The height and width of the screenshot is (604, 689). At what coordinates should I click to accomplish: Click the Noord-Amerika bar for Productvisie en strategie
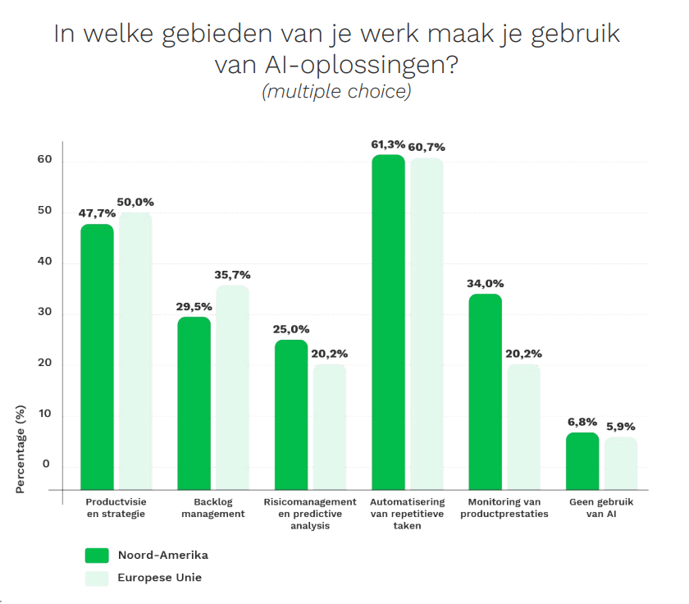[97, 357]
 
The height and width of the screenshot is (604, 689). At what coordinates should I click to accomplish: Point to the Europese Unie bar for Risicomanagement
[330, 427]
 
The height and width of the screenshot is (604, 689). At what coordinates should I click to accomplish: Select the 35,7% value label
[232, 275]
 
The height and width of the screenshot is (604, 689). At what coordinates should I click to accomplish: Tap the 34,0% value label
[485, 284]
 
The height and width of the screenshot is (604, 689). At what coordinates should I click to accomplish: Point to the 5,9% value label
[621, 427]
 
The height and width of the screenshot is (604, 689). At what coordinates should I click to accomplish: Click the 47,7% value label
[97, 213]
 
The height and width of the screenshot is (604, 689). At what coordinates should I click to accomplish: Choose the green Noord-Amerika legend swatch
[97, 556]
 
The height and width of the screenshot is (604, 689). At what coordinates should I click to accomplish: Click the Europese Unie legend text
[160, 578]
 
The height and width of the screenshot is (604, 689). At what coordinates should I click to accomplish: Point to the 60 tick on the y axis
[44, 160]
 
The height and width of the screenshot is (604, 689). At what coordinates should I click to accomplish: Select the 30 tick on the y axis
[44, 313]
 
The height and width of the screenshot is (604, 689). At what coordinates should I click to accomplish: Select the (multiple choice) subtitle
[335, 92]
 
